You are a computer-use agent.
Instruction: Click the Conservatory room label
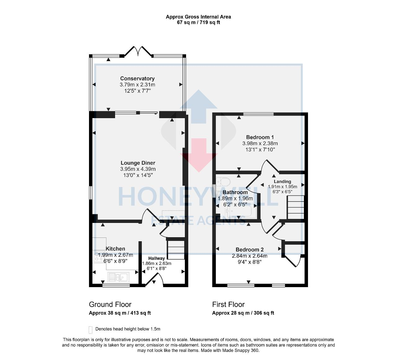point(137,78)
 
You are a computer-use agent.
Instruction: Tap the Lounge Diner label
point(138,163)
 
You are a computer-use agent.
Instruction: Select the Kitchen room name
point(115,249)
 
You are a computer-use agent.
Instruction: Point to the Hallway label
point(156,258)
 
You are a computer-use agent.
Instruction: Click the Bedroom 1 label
point(260,137)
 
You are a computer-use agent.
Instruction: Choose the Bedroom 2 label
point(250,250)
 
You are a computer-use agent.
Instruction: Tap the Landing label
point(282,181)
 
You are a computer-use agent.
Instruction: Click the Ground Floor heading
point(110,304)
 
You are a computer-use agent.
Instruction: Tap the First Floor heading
point(228,304)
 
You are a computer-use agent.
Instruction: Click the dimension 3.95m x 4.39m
point(138,169)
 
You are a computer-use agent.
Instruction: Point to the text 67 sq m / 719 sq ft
point(198,22)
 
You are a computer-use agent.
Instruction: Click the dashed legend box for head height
point(91,329)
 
